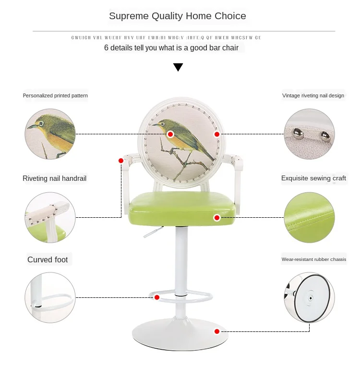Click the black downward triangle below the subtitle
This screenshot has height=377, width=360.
pyautogui.click(x=178, y=67)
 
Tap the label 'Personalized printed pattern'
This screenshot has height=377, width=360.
pyautogui.click(x=55, y=95)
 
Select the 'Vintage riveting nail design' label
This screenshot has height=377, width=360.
pyautogui.click(x=313, y=95)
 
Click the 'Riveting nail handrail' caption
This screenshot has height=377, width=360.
pyautogui.click(x=55, y=178)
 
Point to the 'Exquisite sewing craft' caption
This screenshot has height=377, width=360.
pyautogui.click(x=313, y=178)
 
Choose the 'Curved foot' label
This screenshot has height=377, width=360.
pyautogui.click(x=48, y=260)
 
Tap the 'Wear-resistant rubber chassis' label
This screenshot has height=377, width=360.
pyautogui.click(x=313, y=259)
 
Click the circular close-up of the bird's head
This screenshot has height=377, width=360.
pyautogui.click(x=50, y=134)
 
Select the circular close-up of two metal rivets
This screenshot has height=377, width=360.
pyautogui.click(x=309, y=134)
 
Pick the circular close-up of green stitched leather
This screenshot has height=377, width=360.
pyautogui.click(x=309, y=217)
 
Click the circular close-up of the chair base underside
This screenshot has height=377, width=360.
pyautogui.click(x=309, y=297)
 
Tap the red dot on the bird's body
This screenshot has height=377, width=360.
pyautogui.click(x=170, y=134)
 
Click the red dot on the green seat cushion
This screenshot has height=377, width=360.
pyautogui.click(x=217, y=218)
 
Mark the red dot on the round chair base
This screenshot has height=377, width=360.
pyautogui.click(x=217, y=331)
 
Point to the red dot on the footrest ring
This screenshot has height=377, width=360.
pyautogui.click(x=156, y=297)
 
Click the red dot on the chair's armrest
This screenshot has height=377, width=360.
pyautogui.click(x=121, y=161)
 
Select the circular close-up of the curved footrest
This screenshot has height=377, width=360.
pyautogui.click(x=50, y=297)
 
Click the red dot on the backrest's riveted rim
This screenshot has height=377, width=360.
pyautogui.click(x=217, y=134)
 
